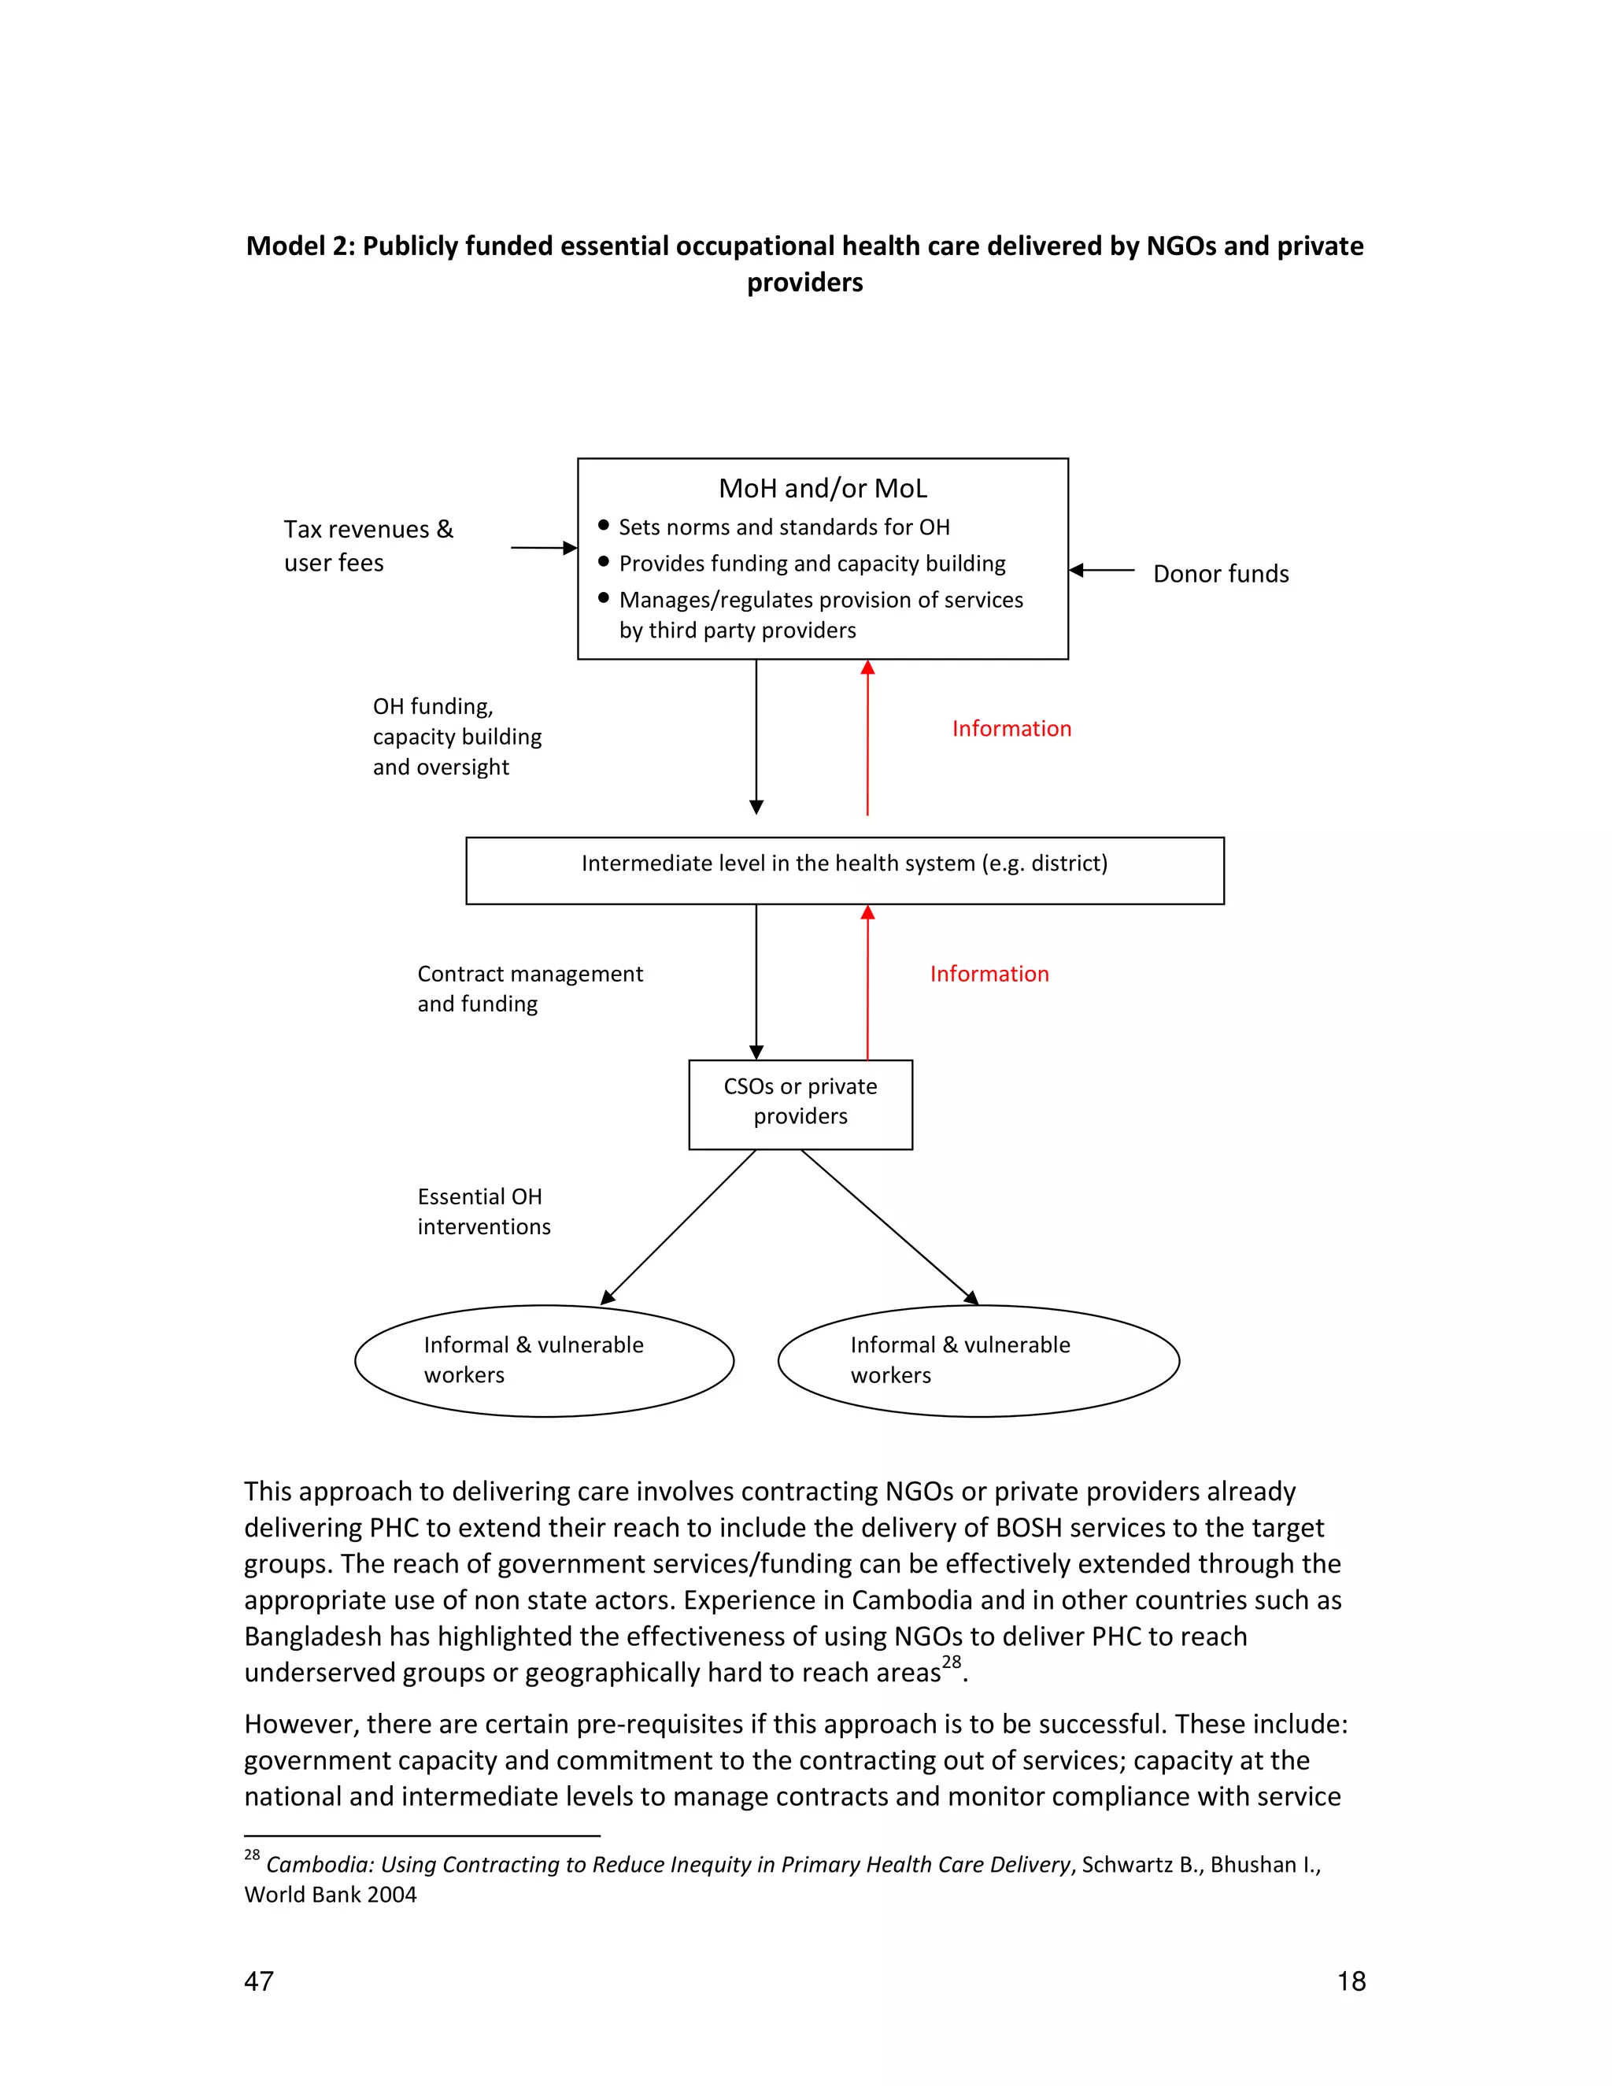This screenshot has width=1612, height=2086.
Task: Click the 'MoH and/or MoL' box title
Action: pos(823,489)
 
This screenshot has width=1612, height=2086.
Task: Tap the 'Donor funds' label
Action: pos(1221,574)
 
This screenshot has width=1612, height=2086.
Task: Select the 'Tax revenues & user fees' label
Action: pos(368,546)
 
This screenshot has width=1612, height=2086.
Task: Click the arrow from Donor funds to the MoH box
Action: pos(1101,570)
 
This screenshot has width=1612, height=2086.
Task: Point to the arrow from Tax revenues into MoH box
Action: pos(543,548)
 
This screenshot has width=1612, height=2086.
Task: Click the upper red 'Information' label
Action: pos(1011,729)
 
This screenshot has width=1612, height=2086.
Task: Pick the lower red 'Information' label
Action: pos(989,975)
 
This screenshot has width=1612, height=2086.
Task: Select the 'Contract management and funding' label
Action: pos(529,989)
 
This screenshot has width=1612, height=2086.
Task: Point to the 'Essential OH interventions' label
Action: pos(483,1211)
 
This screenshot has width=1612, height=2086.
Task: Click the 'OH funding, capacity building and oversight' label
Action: pos(457,737)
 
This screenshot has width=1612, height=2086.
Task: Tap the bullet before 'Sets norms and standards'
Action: pos(604,525)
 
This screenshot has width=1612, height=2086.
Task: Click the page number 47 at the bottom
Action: pos(259,1981)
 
